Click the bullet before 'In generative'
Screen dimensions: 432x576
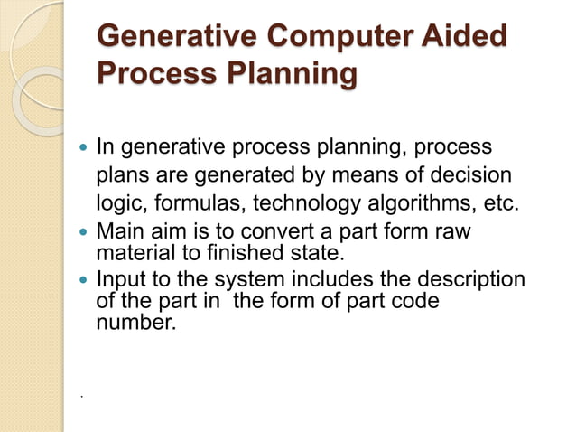(84, 146)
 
